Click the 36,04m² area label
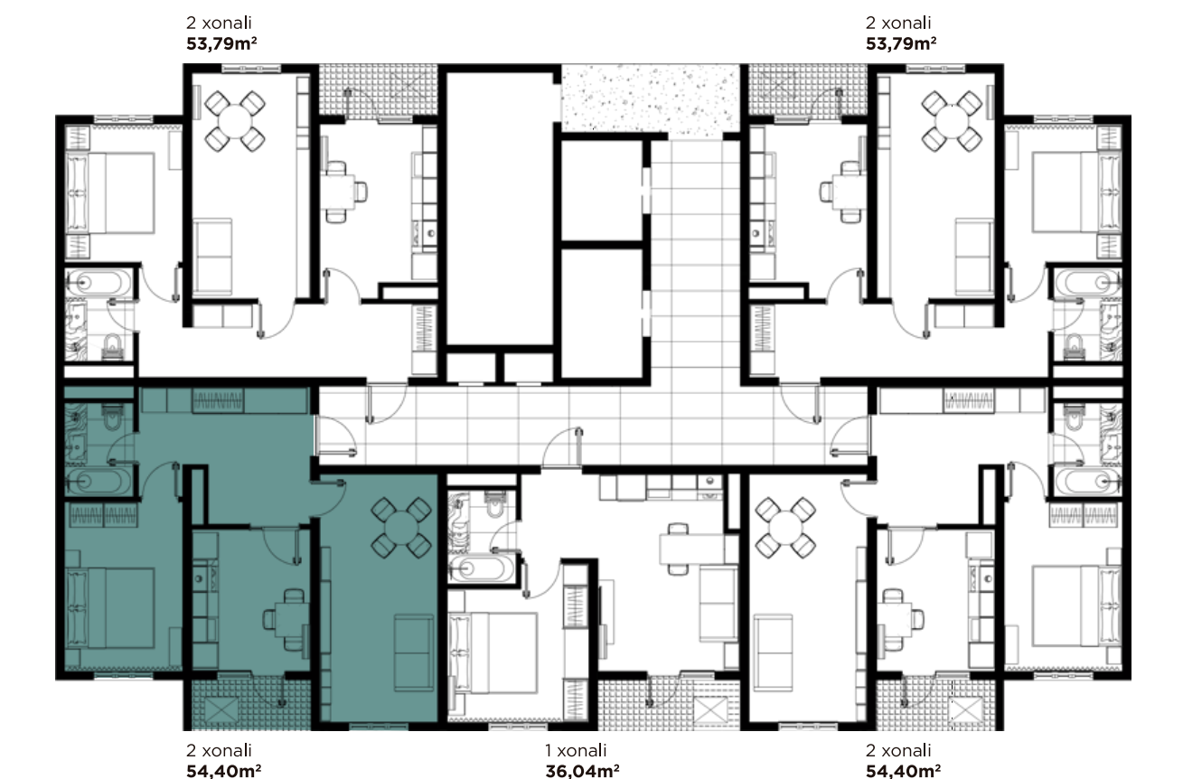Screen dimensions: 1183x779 pyautogui.click(x=583, y=771)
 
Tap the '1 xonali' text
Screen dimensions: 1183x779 pyautogui.click(x=576, y=750)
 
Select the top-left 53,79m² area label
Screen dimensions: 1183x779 pyautogui.click(x=221, y=43)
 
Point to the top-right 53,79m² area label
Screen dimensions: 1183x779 pyautogui.click(x=901, y=43)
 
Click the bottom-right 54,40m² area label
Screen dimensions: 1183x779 pyautogui.click(x=903, y=771)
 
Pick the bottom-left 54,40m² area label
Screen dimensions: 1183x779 pyautogui.click(x=224, y=771)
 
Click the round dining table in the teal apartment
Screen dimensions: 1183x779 pyautogui.click(x=401, y=528)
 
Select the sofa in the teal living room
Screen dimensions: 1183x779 pyautogui.click(x=414, y=652)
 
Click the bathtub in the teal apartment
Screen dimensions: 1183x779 pyautogui.click(x=98, y=481)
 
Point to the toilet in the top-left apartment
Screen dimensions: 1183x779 pyautogui.click(x=112, y=347)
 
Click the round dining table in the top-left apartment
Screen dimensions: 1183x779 pyautogui.click(x=235, y=121)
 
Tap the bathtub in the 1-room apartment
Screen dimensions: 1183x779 pyautogui.click(x=481, y=568)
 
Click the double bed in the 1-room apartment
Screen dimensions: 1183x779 pyautogui.click(x=493, y=652)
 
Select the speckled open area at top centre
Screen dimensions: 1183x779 pyautogui.click(x=650, y=99)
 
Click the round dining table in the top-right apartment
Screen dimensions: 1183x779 pyautogui.click(x=952, y=121)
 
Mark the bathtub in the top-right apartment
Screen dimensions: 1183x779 pyautogui.click(x=1088, y=283)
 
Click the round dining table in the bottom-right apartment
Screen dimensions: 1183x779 pyautogui.click(x=785, y=528)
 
